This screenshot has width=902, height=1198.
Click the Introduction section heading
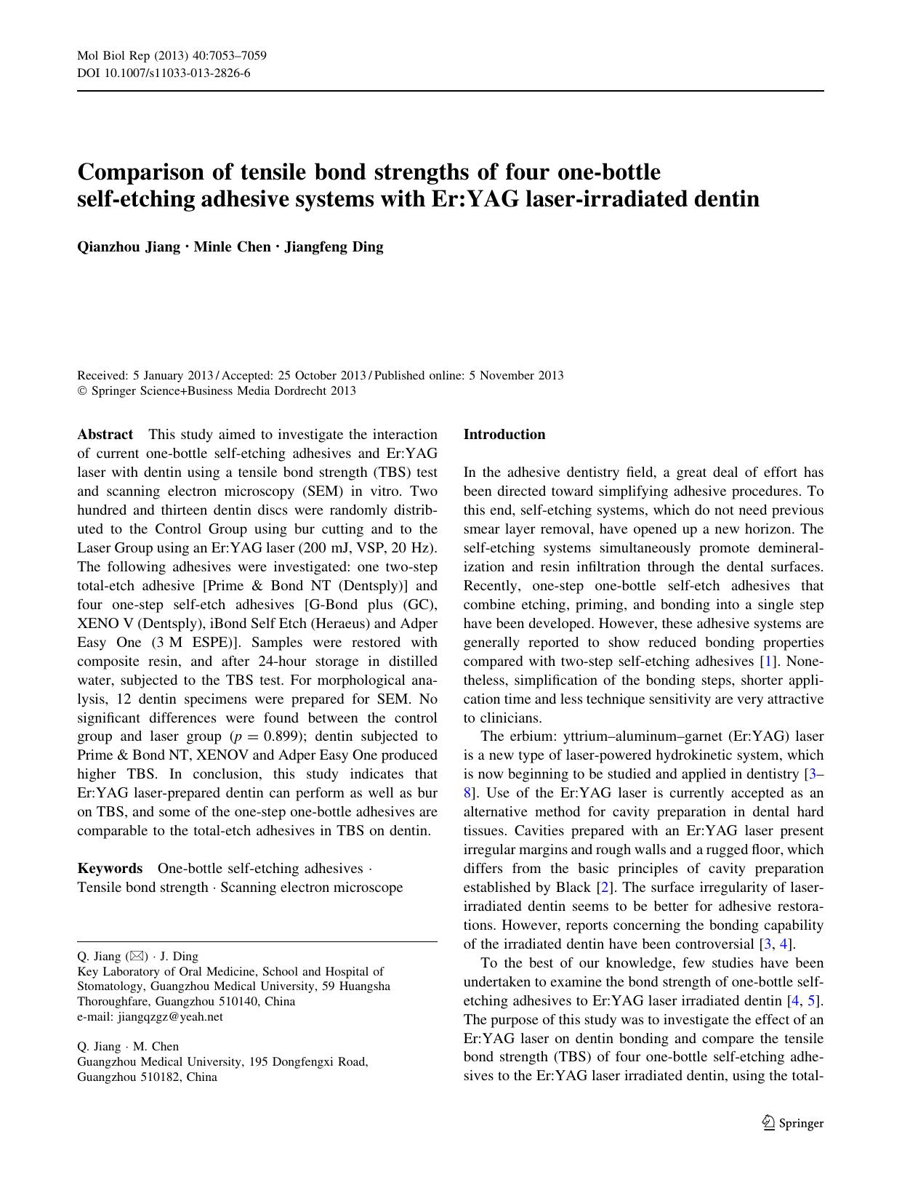(x=504, y=435)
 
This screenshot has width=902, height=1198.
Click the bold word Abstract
(x=105, y=435)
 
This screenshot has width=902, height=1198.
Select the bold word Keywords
(x=110, y=869)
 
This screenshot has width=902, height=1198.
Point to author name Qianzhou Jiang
(x=128, y=246)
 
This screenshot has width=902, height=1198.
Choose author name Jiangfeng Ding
(x=334, y=246)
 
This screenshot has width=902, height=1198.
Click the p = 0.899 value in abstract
(x=265, y=736)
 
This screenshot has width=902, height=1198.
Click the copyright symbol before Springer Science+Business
(x=81, y=391)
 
